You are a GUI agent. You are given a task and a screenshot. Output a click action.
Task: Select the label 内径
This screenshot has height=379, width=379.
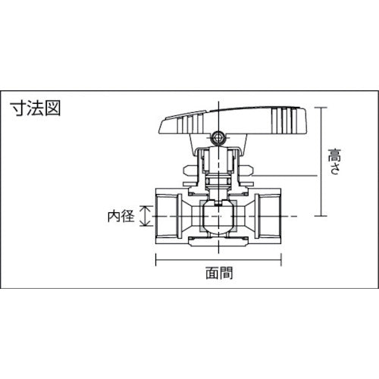(121, 216)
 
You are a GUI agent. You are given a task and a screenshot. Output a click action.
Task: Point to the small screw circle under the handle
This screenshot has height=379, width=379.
(219, 139)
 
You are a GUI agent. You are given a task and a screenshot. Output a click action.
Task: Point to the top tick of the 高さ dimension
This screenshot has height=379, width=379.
(323, 107)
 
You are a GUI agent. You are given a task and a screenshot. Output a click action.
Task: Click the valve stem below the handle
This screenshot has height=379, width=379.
(219, 171)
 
